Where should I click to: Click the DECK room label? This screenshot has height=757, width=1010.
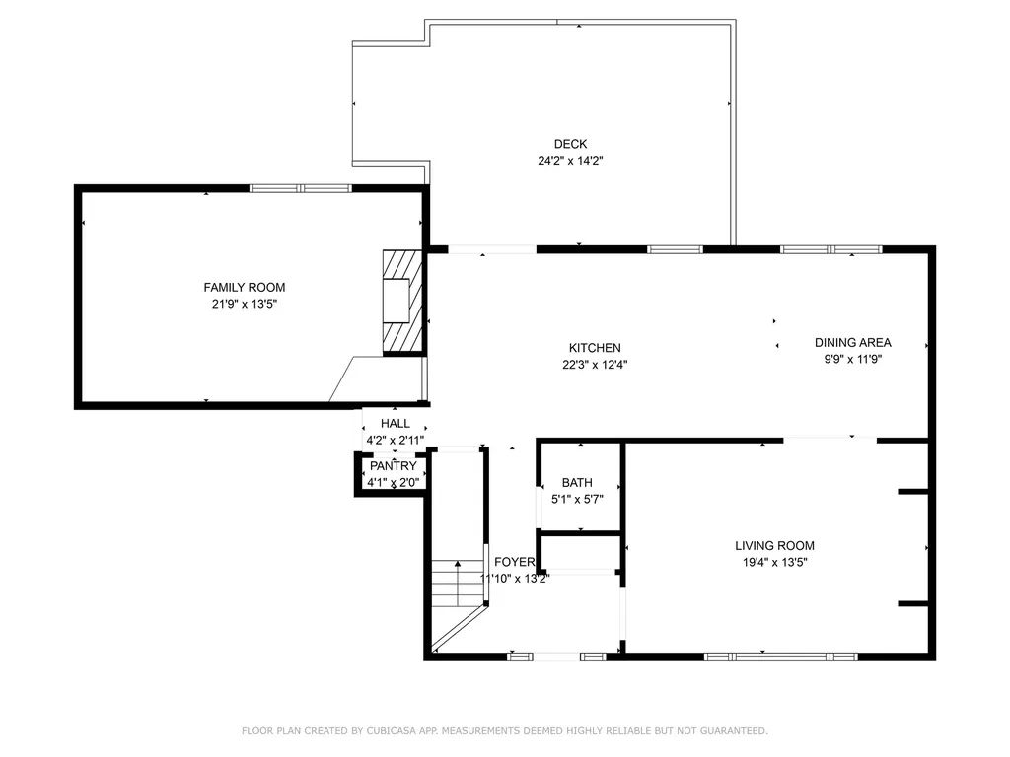pos(570,144)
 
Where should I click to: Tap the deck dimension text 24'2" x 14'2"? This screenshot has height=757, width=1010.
pos(570,160)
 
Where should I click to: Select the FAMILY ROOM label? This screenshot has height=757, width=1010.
pos(245,288)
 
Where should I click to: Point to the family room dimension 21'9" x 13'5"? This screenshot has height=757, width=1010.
pos(245,304)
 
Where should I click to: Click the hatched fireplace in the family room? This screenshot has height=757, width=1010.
pos(400,300)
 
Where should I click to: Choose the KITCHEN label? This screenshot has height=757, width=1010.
pos(595,348)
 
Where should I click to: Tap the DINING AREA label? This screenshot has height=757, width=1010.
pos(852,343)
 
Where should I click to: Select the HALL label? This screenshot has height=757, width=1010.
pos(395,423)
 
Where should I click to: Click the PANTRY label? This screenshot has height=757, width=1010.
pos(393,466)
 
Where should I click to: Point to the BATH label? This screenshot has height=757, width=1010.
pos(577,483)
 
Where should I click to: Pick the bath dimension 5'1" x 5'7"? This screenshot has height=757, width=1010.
pos(577,499)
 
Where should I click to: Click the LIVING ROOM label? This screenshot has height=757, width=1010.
pos(774,546)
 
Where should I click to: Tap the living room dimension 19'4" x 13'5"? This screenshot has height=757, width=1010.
pos(774,562)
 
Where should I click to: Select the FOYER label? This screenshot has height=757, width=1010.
pos(514,562)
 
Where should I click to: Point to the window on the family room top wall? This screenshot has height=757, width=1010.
pos(300,188)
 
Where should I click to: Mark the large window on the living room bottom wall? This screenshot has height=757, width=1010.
pos(781,656)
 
